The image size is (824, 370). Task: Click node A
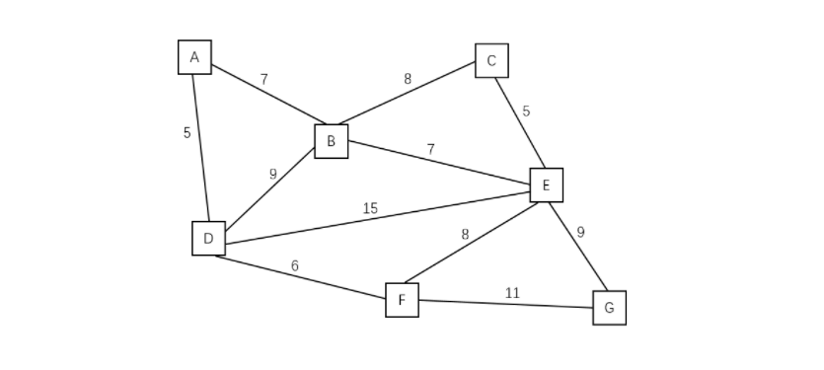[x=194, y=57]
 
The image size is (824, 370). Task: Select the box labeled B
[x=331, y=141]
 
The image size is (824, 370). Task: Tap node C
[x=491, y=61]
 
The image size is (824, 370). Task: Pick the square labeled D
[x=208, y=238]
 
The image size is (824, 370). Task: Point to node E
[x=546, y=185]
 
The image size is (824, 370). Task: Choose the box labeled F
[x=402, y=300]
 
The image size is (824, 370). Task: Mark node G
[x=609, y=308]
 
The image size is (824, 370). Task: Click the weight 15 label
[x=370, y=208]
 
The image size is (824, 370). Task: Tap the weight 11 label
[x=512, y=293]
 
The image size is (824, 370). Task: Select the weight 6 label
[x=294, y=265]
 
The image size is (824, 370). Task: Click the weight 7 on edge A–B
[x=263, y=79]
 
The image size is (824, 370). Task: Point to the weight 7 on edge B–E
[x=430, y=149]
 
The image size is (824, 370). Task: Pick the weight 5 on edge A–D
[x=187, y=132]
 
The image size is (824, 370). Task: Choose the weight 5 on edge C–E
[x=526, y=111]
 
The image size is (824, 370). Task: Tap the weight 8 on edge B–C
[x=408, y=79]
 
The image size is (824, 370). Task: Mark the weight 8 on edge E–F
[x=465, y=234]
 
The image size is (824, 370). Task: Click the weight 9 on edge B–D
[x=273, y=174]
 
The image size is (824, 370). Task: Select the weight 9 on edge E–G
[x=580, y=233]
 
